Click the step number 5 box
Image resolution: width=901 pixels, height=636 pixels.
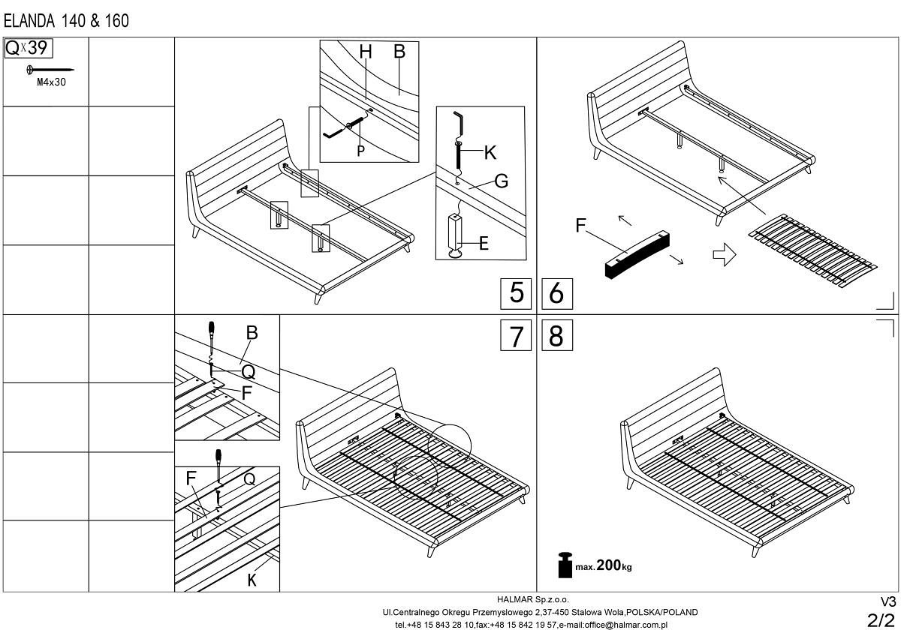coord(516,293)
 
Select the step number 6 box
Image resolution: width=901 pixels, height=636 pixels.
coord(556,293)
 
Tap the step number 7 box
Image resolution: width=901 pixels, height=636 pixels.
coord(516,336)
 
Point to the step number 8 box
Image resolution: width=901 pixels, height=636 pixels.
coord(556,336)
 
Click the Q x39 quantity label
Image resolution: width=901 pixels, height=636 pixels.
coord(29,49)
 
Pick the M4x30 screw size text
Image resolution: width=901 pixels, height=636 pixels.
coord(51,83)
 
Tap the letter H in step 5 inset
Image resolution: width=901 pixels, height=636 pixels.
coord(366,52)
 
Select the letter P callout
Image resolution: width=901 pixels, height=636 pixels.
coord(360,151)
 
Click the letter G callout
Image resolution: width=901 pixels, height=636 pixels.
coord(501,181)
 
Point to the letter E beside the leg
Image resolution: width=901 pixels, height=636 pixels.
coord(484,243)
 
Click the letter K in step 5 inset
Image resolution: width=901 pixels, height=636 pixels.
coord(490,153)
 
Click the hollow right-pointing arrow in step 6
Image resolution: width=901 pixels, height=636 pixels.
coord(723,255)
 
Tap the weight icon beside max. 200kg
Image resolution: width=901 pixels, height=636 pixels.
coord(565,565)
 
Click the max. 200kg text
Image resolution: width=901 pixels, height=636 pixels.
coord(604,566)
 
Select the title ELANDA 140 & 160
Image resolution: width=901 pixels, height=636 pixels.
coord(66,21)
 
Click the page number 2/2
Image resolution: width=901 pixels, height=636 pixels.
coord(881,620)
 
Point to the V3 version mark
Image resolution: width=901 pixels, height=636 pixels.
coord(887,602)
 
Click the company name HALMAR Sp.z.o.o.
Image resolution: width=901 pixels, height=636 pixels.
coord(533,600)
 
